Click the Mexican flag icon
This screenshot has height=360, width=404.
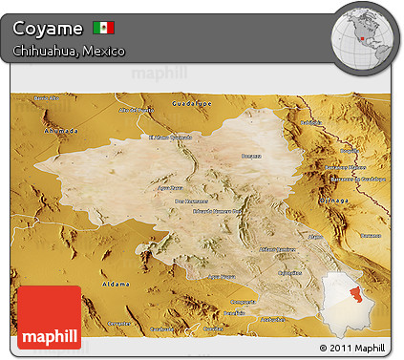point(103,27)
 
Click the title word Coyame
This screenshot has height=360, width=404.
point(47,27)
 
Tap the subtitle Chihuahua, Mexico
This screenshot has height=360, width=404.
point(69,50)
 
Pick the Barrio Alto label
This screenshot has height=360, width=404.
point(40,98)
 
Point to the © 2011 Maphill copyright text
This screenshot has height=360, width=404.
point(353,348)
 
